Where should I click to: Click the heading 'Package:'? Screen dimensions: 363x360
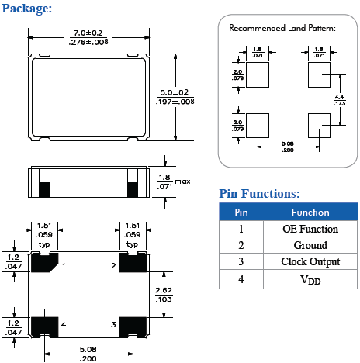pos(27,9)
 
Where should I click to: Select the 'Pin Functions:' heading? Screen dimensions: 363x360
pos(259,194)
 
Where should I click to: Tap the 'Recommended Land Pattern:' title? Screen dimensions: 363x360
pos(282,28)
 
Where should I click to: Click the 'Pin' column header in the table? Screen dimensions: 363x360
pos(241,212)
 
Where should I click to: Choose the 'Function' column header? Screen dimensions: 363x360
pos(310,212)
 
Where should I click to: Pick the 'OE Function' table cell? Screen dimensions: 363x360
pos(310,229)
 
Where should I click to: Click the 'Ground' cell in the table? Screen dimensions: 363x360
pos(310,245)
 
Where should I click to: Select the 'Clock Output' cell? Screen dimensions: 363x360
pos(310,261)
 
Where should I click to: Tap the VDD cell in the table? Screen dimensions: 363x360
pos(310,278)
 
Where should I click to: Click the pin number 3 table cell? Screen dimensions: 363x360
pos(241,261)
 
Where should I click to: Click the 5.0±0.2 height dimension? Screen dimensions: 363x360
pos(175,95)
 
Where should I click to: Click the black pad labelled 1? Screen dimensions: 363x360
pos(43,263)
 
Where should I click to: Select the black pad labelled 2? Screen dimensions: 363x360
pos(132,263)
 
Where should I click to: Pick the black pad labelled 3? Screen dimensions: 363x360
pos(132,323)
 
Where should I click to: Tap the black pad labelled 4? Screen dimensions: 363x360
pos(43,323)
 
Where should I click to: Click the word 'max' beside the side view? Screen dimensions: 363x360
pos(182,181)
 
